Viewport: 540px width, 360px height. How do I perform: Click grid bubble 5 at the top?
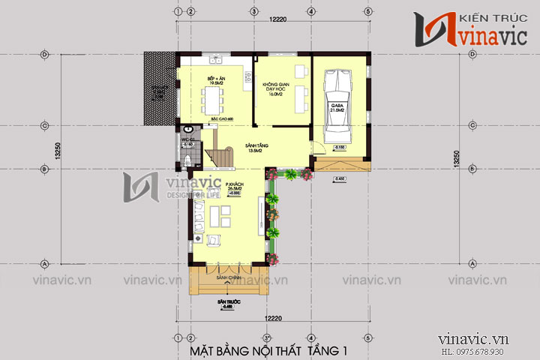(368, 12)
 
